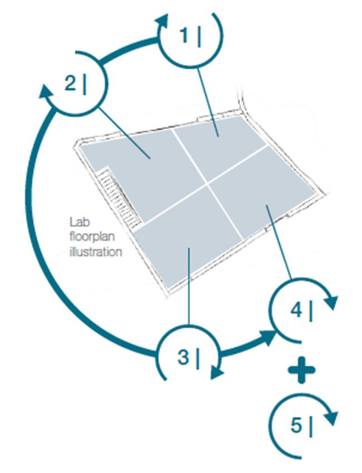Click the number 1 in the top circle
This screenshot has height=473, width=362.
pos(184,36)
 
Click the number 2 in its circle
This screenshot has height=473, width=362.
pos(70,83)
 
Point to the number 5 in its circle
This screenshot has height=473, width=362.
pos(296,425)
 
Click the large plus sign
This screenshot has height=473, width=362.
pos(301,370)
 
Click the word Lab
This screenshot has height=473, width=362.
pos(80,223)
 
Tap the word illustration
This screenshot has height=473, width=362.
pos(96,252)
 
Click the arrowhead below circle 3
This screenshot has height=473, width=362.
pos(217,372)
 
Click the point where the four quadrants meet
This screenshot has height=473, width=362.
pos(207,183)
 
